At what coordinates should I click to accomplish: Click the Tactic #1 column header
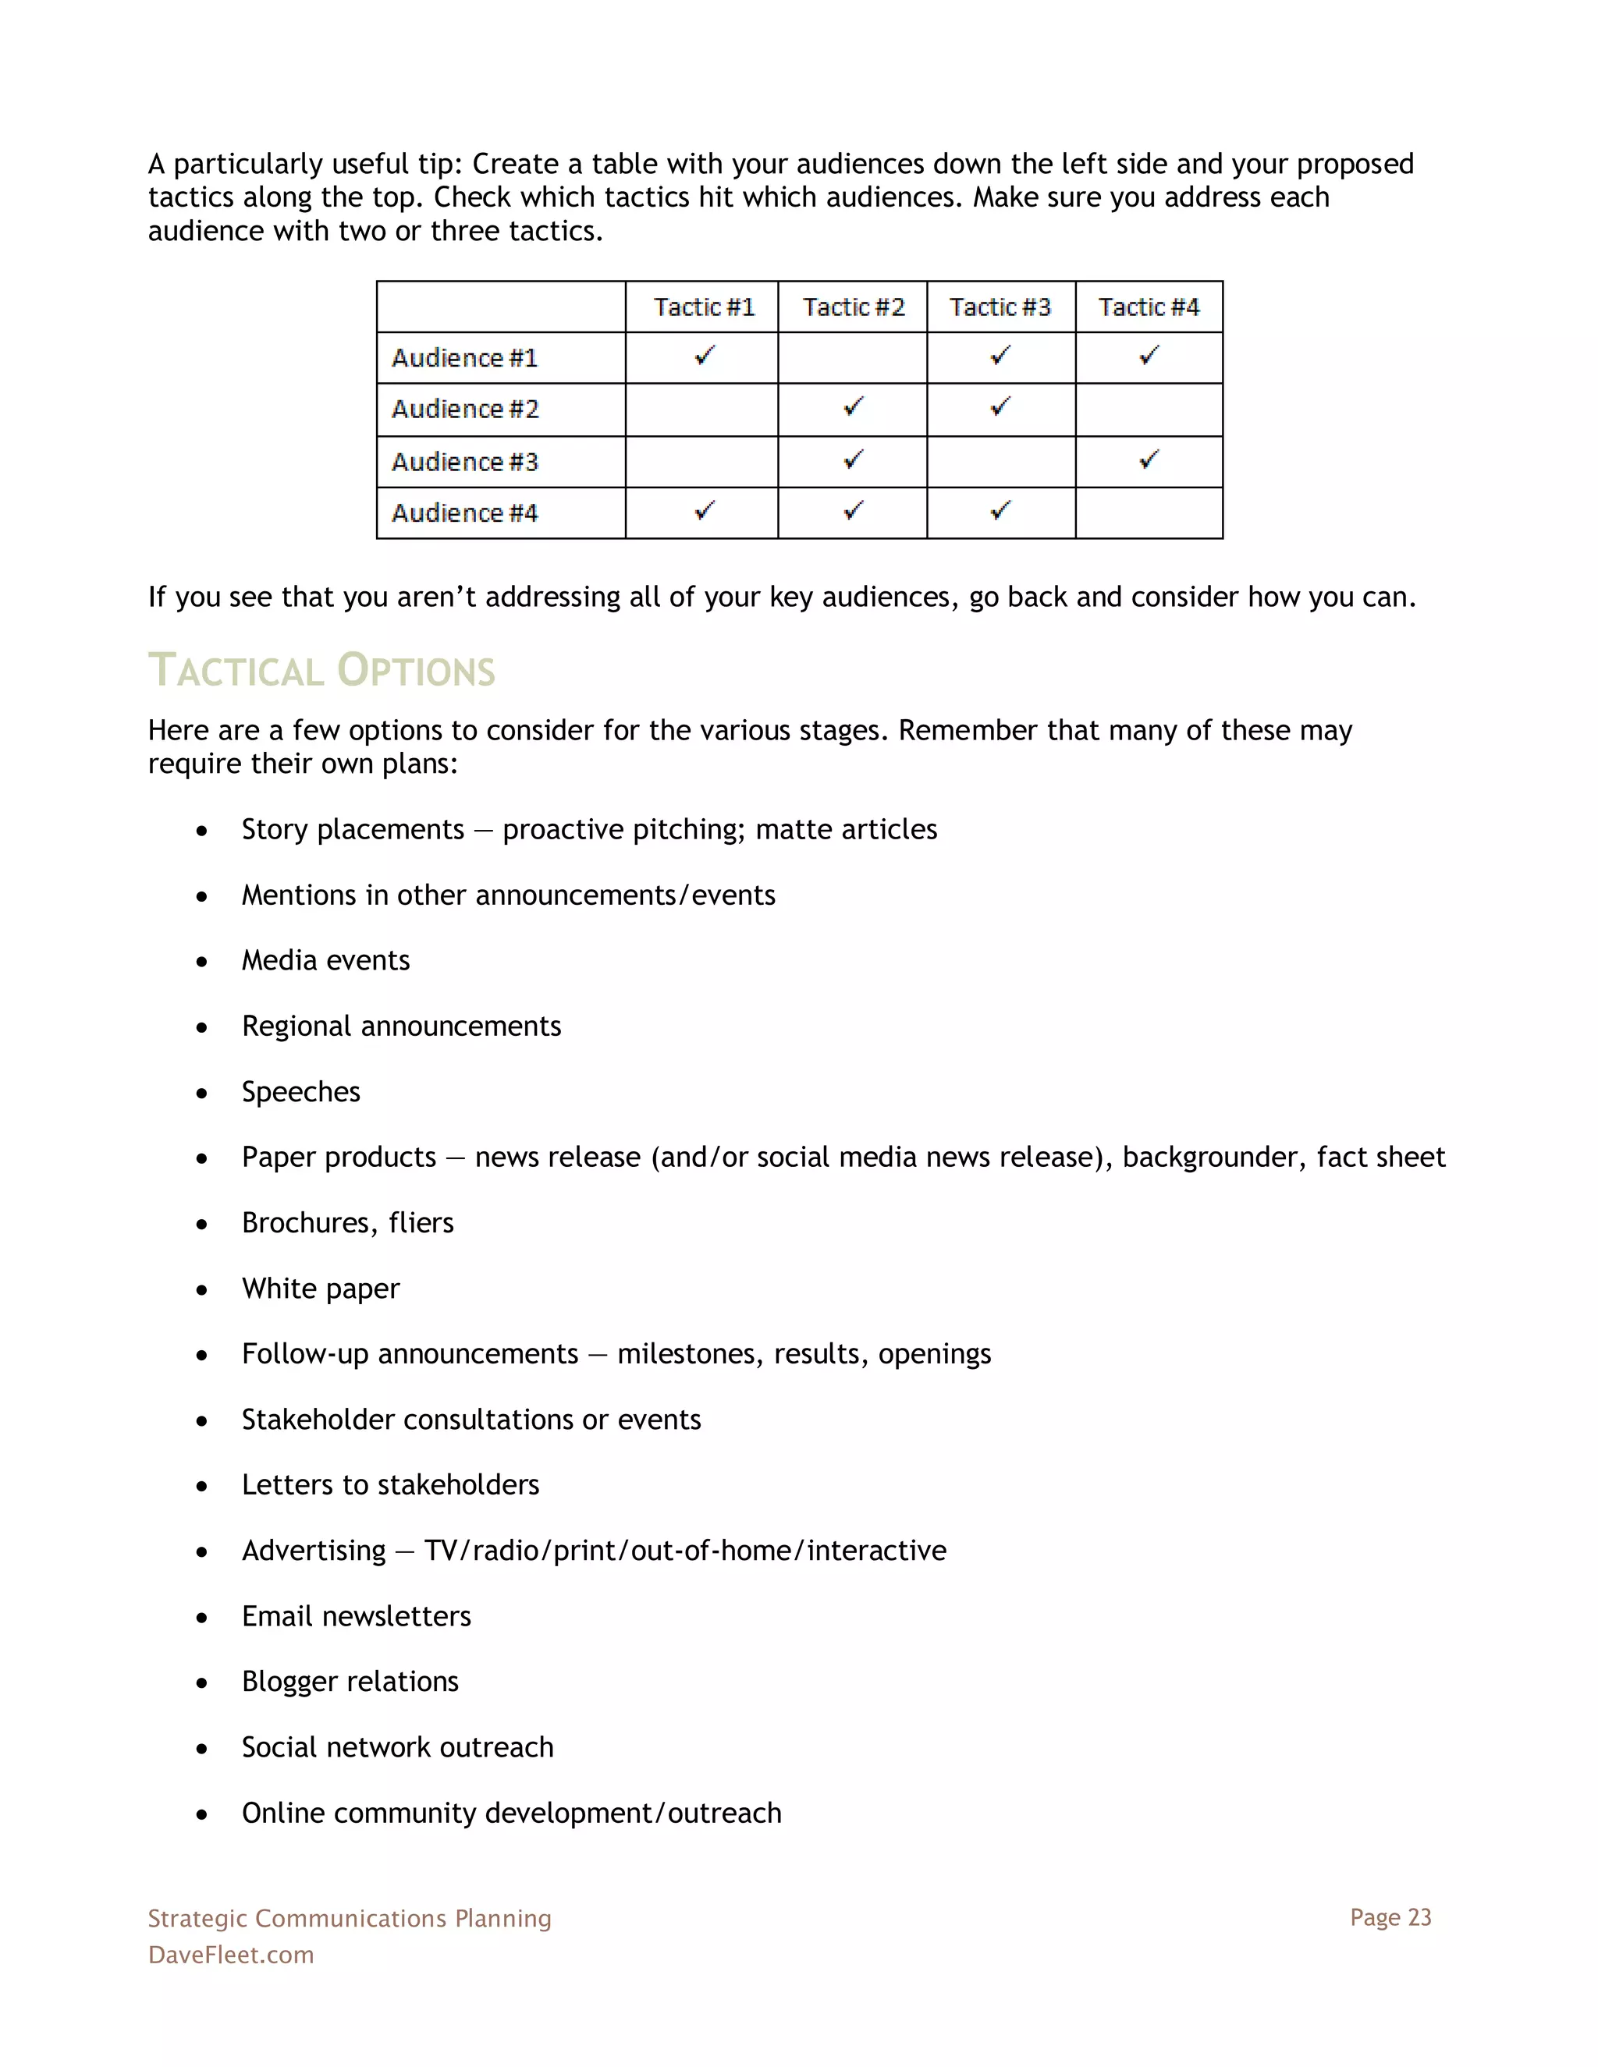pos(703,307)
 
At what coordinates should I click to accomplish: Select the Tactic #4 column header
pos(1149,307)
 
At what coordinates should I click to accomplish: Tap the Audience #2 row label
pos(465,409)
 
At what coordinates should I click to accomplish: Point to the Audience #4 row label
pos(465,513)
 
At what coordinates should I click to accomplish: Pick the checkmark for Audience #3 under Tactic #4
pos(1149,460)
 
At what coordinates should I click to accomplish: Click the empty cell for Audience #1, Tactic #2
pos(852,358)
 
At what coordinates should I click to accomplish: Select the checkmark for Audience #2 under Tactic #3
pos(1000,407)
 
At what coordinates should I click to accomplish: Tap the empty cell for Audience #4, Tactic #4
pos(1149,513)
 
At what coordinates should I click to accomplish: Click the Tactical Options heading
pos(322,670)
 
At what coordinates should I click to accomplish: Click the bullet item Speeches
pos(301,1091)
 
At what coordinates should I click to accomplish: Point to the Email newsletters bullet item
pos(356,1615)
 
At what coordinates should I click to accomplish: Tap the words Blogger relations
pos(350,1681)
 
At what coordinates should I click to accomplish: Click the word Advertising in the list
pos(314,1551)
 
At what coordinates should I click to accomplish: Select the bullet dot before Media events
pos(201,962)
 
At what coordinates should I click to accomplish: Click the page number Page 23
pos(1390,1916)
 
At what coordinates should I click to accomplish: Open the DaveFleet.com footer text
pos(231,1955)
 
